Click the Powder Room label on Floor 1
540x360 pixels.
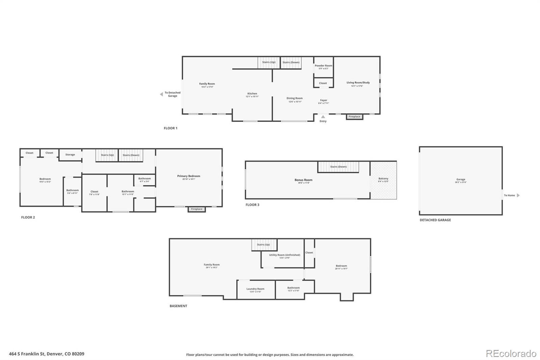click(x=323, y=66)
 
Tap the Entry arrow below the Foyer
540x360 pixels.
click(x=323, y=117)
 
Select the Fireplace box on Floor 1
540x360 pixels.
click(x=354, y=117)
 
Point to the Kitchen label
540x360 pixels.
click(x=252, y=94)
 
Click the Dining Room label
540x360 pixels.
click(x=295, y=99)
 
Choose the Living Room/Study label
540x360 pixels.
click(x=358, y=83)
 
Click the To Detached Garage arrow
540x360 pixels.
click(x=161, y=94)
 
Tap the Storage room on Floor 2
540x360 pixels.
click(x=70, y=155)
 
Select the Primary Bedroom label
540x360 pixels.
click(x=189, y=176)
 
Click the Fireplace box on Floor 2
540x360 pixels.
click(x=196, y=209)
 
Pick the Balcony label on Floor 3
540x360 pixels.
click(x=383, y=179)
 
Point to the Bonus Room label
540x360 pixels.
click(x=303, y=180)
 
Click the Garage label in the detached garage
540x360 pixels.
click(x=461, y=180)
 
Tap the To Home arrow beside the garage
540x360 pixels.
click(x=518, y=195)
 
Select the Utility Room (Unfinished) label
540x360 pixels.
click(x=285, y=255)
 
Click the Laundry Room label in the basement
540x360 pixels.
click(x=255, y=289)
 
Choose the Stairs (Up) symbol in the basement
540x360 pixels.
click(x=264, y=245)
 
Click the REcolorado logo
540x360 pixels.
click(x=511, y=353)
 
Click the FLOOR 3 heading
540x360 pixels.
click(x=252, y=205)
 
